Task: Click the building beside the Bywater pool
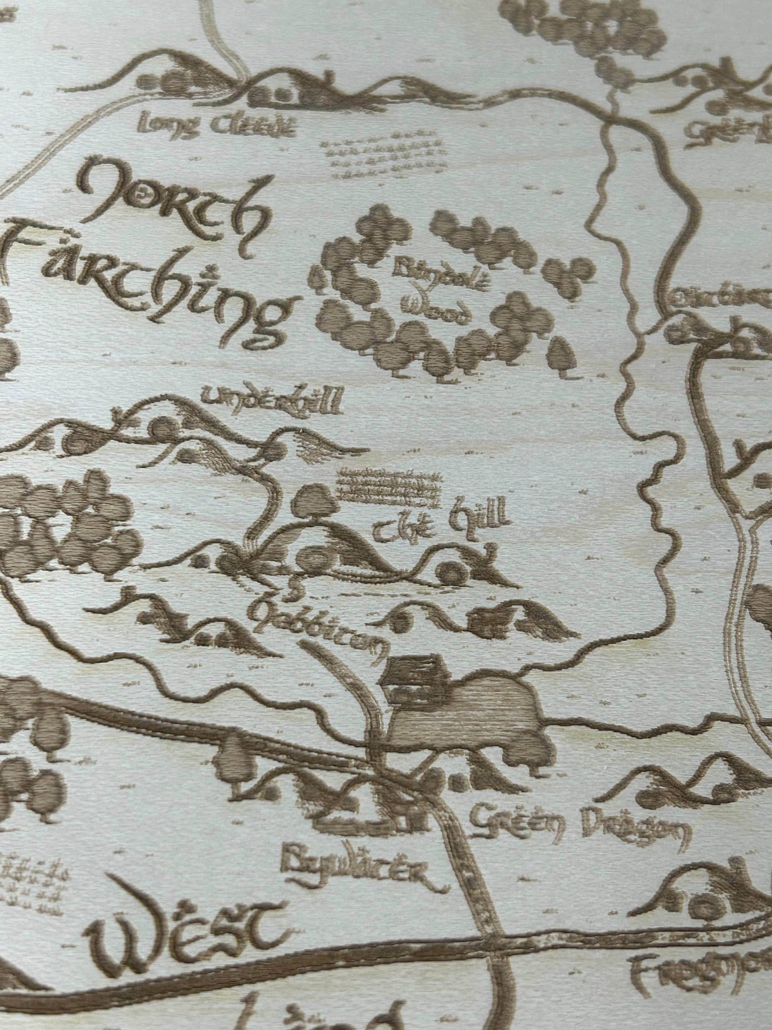[412, 679]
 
